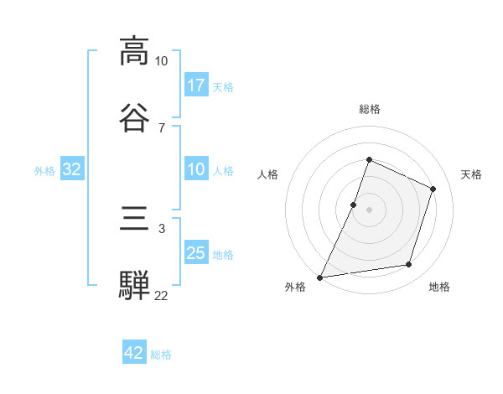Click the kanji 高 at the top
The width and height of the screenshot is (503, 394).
[134, 51]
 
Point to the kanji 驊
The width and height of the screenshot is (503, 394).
[134, 286]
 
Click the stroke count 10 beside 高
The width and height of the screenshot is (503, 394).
[161, 60]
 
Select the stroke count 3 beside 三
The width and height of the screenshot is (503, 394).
[161, 228]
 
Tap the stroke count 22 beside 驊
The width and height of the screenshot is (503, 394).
[161, 295]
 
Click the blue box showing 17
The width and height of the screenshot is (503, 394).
[195, 86]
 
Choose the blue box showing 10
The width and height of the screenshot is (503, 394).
[195, 170]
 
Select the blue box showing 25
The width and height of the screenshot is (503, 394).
[195, 253]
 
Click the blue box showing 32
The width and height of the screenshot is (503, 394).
[72, 170]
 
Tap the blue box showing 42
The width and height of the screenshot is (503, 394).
[134, 354]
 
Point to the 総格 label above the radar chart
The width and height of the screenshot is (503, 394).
[369, 109]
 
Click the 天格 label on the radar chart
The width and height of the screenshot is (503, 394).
[471, 174]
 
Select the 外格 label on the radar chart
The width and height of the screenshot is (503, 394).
[295, 287]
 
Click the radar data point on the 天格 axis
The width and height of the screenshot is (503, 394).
[433, 189]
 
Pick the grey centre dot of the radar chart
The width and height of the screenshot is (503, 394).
[369, 209]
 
